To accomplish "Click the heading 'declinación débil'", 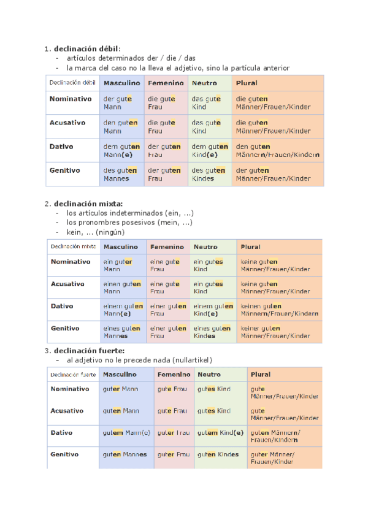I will pyautogui.click(x=86, y=49).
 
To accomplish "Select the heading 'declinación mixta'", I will pyautogui.click(x=88, y=204).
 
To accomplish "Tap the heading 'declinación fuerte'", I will pyautogui.click(x=89, y=350).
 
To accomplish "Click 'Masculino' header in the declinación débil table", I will pyautogui.click(x=121, y=83).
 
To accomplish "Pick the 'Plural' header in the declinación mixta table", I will pyautogui.click(x=250, y=247).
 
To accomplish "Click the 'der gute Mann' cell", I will pyautogui.click(x=118, y=102).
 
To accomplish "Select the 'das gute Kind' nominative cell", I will pyautogui.click(x=205, y=102).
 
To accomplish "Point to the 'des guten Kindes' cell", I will pyautogui.click(x=207, y=174).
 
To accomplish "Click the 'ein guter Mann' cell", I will pyautogui.click(x=118, y=266).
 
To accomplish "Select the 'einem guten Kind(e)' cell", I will pyautogui.click(x=213, y=310).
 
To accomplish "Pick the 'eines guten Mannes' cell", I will pyautogui.click(x=121, y=332).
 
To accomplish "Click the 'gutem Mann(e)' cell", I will pyautogui.click(x=126, y=433).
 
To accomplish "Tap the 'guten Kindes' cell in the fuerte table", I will pyautogui.click(x=218, y=455).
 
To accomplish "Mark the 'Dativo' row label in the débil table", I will pyautogui.click(x=61, y=147).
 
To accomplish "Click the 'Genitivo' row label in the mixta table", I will pyautogui.click(x=65, y=329).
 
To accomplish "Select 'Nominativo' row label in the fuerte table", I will pyautogui.click(x=69, y=389).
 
